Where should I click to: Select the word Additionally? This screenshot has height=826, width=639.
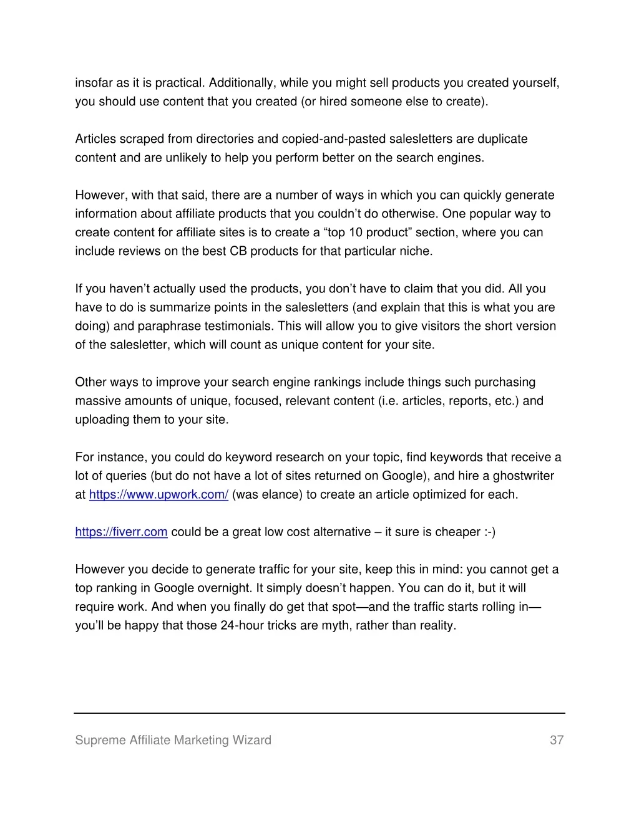[241, 83]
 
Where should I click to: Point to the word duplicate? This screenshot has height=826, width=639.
[502, 139]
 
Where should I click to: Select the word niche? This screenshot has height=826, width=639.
[417, 251]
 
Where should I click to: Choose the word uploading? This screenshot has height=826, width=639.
[100, 420]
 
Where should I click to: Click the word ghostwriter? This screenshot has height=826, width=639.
[523, 476]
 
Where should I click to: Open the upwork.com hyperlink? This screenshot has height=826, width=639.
[159, 494]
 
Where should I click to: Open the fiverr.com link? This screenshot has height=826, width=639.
[121, 532]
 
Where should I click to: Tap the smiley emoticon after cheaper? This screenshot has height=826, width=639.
[489, 532]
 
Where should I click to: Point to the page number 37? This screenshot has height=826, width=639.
[557, 740]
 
